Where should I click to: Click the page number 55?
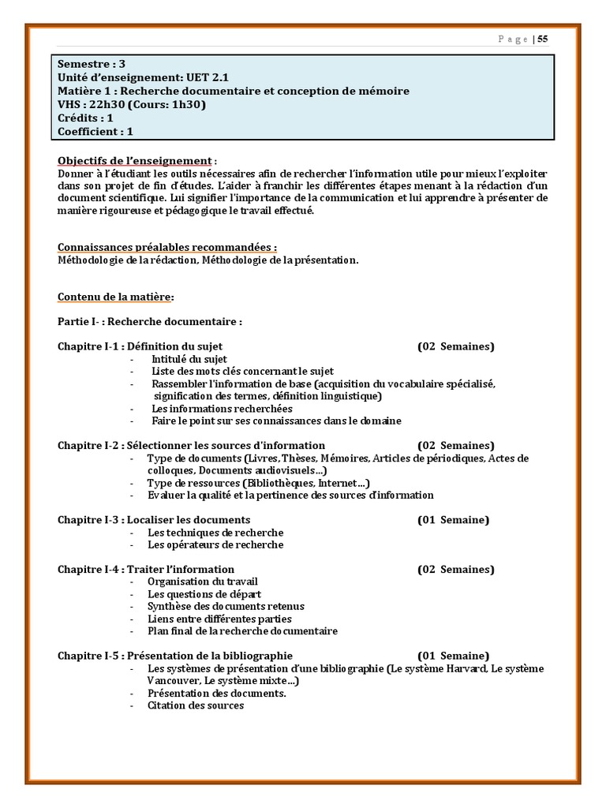pyautogui.click(x=543, y=39)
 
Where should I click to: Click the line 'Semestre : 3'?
pyautogui.click(x=92, y=65)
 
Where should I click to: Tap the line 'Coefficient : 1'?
pyautogui.click(x=95, y=132)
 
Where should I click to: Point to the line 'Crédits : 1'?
pyautogui.click(x=85, y=118)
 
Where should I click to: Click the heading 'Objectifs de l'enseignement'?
pyautogui.click(x=135, y=160)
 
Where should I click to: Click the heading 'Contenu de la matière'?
pyautogui.click(x=114, y=297)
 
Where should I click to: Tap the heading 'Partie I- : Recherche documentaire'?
pyautogui.click(x=149, y=322)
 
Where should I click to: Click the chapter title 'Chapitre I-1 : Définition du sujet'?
pyautogui.click(x=140, y=346)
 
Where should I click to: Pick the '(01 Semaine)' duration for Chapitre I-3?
pyautogui.click(x=453, y=519)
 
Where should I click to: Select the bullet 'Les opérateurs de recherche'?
pyautogui.click(x=215, y=544)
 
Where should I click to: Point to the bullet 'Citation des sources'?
pyautogui.click(x=196, y=705)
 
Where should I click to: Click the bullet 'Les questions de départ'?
pyautogui.click(x=204, y=593)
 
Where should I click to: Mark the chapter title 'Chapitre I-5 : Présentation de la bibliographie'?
pyautogui.click(x=174, y=656)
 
